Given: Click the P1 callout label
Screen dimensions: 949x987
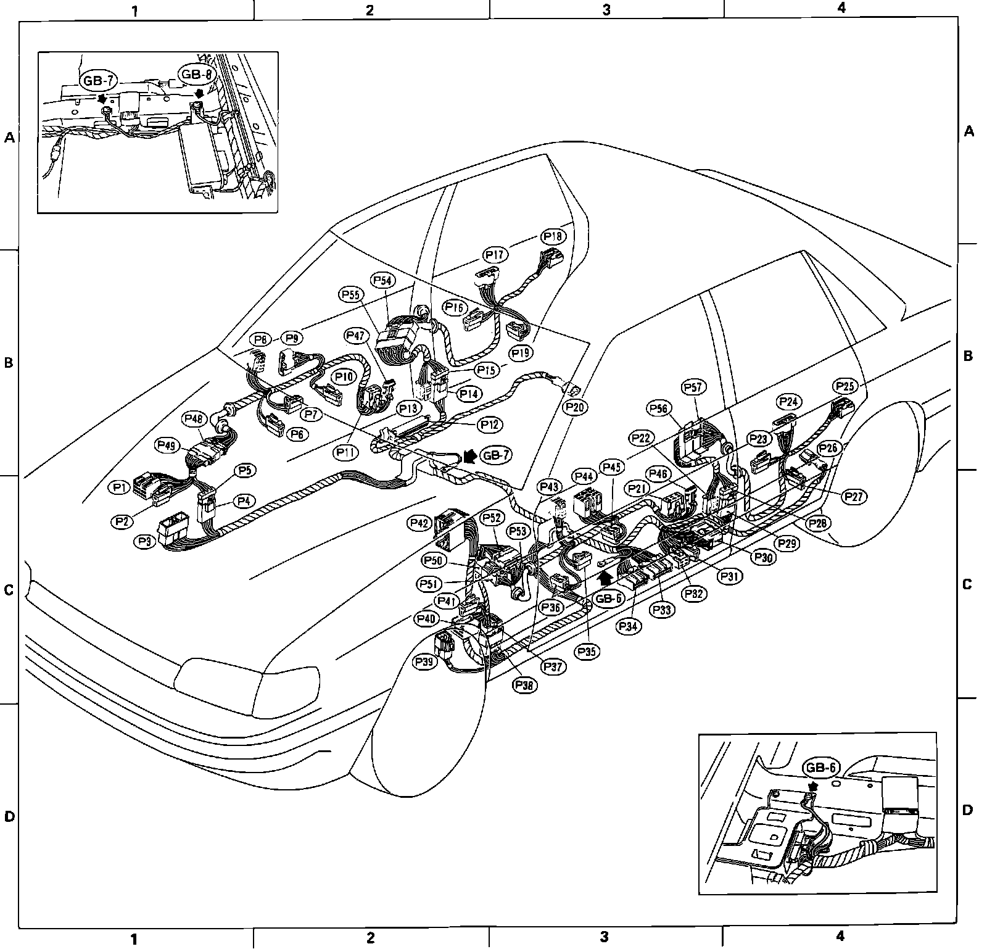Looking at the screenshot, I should tap(121, 487).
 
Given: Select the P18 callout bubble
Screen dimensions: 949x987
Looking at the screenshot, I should tap(553, 236).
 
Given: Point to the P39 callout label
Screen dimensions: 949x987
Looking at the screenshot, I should tap(425, 662).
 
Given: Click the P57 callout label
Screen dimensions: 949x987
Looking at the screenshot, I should tap(693, 387).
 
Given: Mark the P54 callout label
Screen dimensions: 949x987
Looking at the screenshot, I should tap(383, 280).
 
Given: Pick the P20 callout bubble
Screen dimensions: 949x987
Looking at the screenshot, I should tap(575, 407).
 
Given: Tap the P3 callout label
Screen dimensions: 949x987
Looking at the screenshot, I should tap(146, 541).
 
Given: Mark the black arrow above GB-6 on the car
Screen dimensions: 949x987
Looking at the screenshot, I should tap(607, 578).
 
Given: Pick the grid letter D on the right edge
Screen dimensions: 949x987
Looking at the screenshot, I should tap(967, 810).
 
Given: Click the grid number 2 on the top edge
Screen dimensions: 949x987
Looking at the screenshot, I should tap(370, 9).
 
